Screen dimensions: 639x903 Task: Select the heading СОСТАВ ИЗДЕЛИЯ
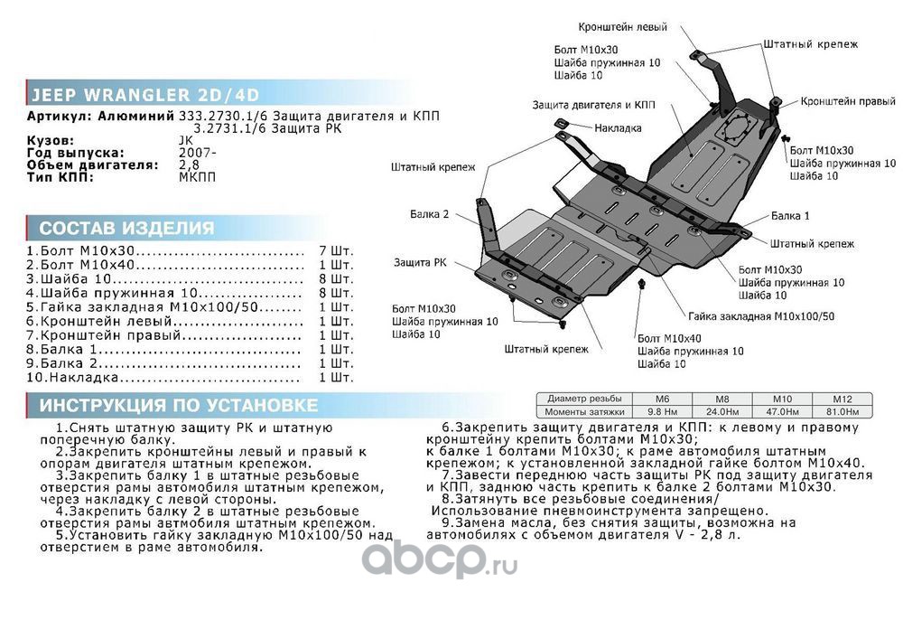point(126,228)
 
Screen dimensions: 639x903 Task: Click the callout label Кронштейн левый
point(624,27)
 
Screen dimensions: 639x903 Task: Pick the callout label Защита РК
point(419,262)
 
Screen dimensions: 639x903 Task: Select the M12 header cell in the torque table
point(842,399)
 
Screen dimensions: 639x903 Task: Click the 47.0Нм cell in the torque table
point(781,411)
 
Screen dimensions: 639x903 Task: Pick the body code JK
point(186,140)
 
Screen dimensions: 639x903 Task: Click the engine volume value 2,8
point(189,165)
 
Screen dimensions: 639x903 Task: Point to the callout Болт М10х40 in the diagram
point(669,337)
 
